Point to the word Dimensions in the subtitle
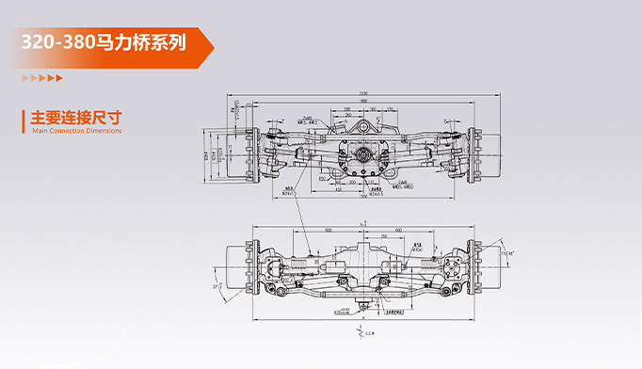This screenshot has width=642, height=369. pyautogui.click(x=104, y=132)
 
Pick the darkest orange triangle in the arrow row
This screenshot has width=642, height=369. pyautogui.click(x=59, y=78)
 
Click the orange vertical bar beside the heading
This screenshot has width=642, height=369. pyautogui.click(x=24, y=122)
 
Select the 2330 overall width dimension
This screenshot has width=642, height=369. pyautogui.click(x=362, y=92)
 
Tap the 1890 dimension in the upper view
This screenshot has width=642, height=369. pyautogui.click(x=362, y=101)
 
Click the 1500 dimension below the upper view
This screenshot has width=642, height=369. pyautogui.click(x=362, y=199)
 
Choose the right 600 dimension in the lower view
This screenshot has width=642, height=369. pyautogui.click(x=399, y=229)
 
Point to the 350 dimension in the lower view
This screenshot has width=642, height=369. pyautogui.click(x=386, y=235)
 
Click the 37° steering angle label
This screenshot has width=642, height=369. pyautogui.click(x=216, y=285)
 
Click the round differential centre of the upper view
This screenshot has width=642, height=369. pyautogui.click(x=362, y=155)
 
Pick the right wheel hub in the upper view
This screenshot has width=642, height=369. pyautogui.click(x=480, y=153)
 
